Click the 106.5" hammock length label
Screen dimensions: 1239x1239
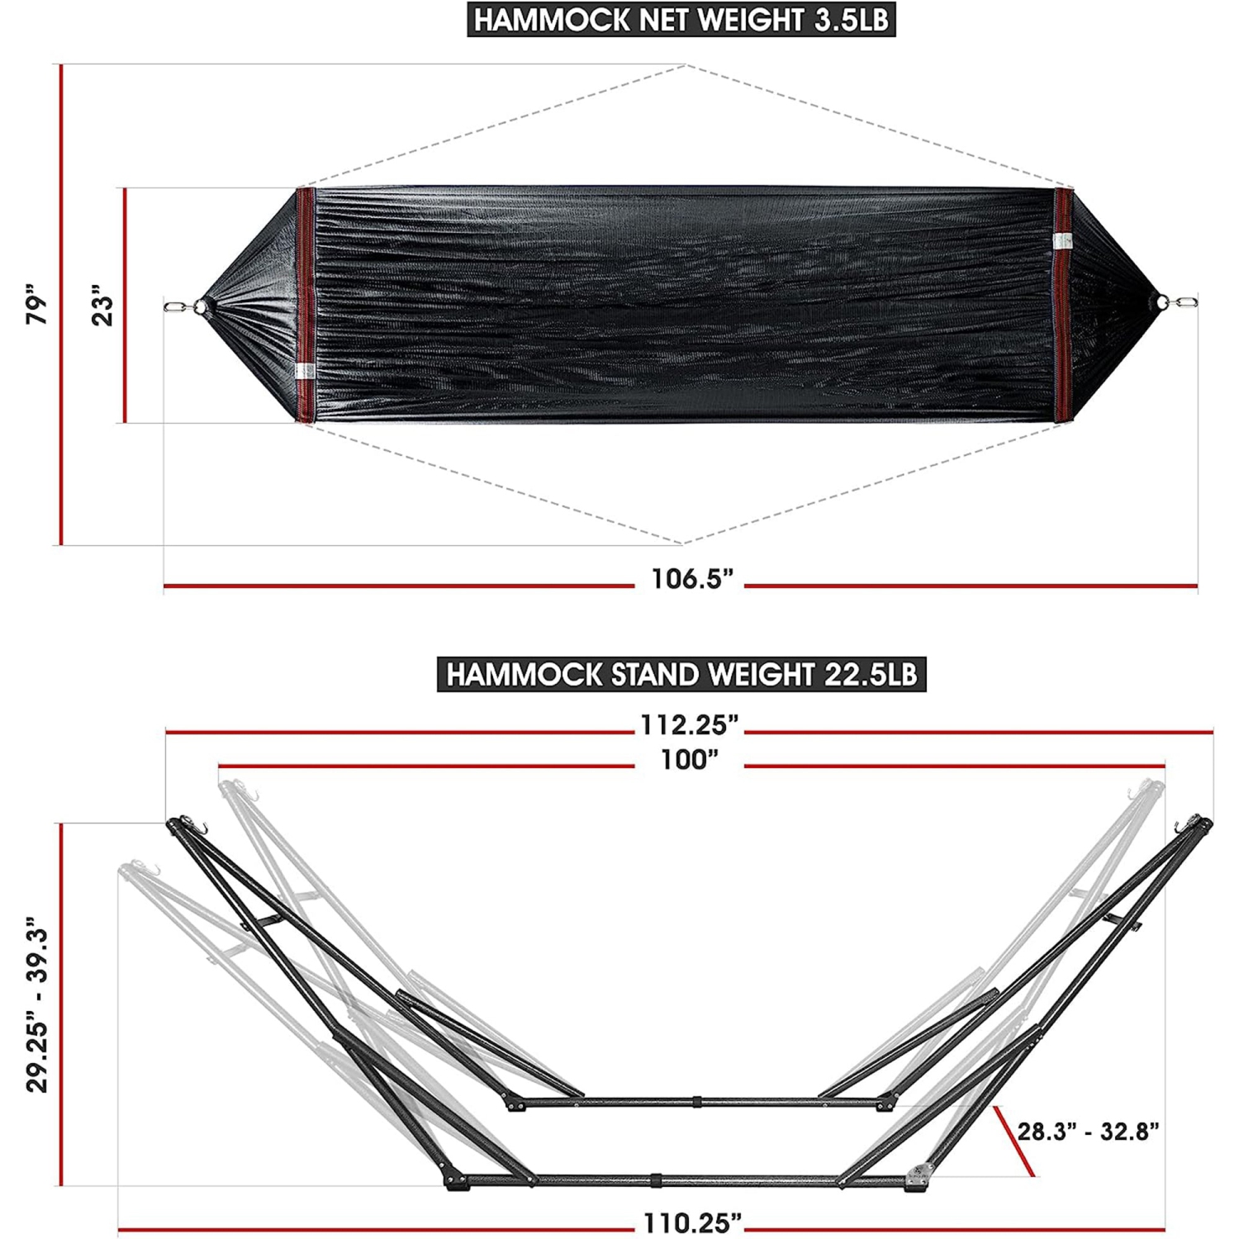[x=691, y=578]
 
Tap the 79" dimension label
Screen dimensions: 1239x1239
[x=37, y=304]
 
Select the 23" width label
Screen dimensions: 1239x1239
[x=102, y=306]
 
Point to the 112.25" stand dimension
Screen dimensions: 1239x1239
[x=689, y=725]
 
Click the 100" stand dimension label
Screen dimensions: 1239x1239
[x=689, y=760]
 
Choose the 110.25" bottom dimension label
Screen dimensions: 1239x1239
[x=692, y=1223]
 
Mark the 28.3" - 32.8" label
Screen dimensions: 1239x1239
[x=1088, y=1131]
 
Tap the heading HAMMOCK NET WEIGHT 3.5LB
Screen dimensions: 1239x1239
[x=681, y=20]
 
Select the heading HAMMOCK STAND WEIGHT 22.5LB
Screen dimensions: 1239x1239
[x=681, y=675]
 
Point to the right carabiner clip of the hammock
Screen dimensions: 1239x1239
[x=1186, y=302]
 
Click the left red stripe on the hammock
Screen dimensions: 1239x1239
[x=306, y=306]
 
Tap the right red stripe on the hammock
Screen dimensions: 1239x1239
[x=1063, y=306]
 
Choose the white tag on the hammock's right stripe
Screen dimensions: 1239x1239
[x=1063, y=240]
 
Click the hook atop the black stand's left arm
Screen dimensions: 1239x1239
[x=199, y=827]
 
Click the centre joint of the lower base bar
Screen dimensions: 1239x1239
[x=656, y=1180]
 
